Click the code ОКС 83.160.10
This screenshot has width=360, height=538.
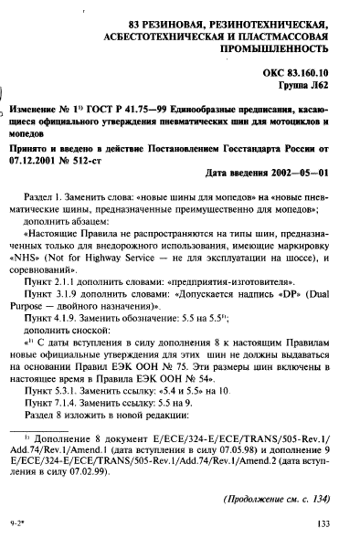click(299, 69)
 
